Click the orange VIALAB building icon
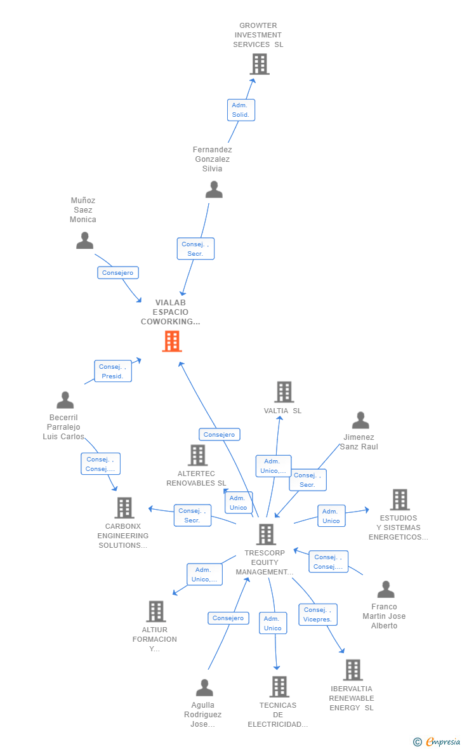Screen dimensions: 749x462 click(x=172, y=341)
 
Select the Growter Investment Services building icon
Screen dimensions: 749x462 click(x=259, y=64)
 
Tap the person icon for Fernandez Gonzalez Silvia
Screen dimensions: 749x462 click(x=214, y=190)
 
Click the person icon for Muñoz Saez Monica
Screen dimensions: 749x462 click(x=84, y=241)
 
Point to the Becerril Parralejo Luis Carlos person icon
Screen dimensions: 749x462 click(x=65, y=400)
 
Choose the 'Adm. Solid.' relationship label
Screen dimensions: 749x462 click(x=241, y=110)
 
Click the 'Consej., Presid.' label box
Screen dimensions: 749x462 click(x=113, y=371)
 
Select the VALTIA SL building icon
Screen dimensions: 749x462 click(x=284, y=392)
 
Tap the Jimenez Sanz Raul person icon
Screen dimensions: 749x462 click(x=360, y=420)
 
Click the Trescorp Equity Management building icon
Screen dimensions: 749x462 click(x=266, y=534)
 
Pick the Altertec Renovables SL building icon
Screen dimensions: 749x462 click(x=197, y=455)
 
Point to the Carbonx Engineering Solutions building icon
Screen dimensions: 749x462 click(x=124, y=508)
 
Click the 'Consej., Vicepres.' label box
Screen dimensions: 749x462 click(x=318, y=614)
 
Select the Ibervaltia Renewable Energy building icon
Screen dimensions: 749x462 click(x=352, y=670)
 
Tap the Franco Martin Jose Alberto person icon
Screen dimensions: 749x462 click(x=386, y=589)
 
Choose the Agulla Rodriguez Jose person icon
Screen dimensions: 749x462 click(x=204, y=687)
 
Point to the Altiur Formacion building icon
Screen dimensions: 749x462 click(x=155, y=611)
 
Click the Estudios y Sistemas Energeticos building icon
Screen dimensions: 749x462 click(x=399, y=500)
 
